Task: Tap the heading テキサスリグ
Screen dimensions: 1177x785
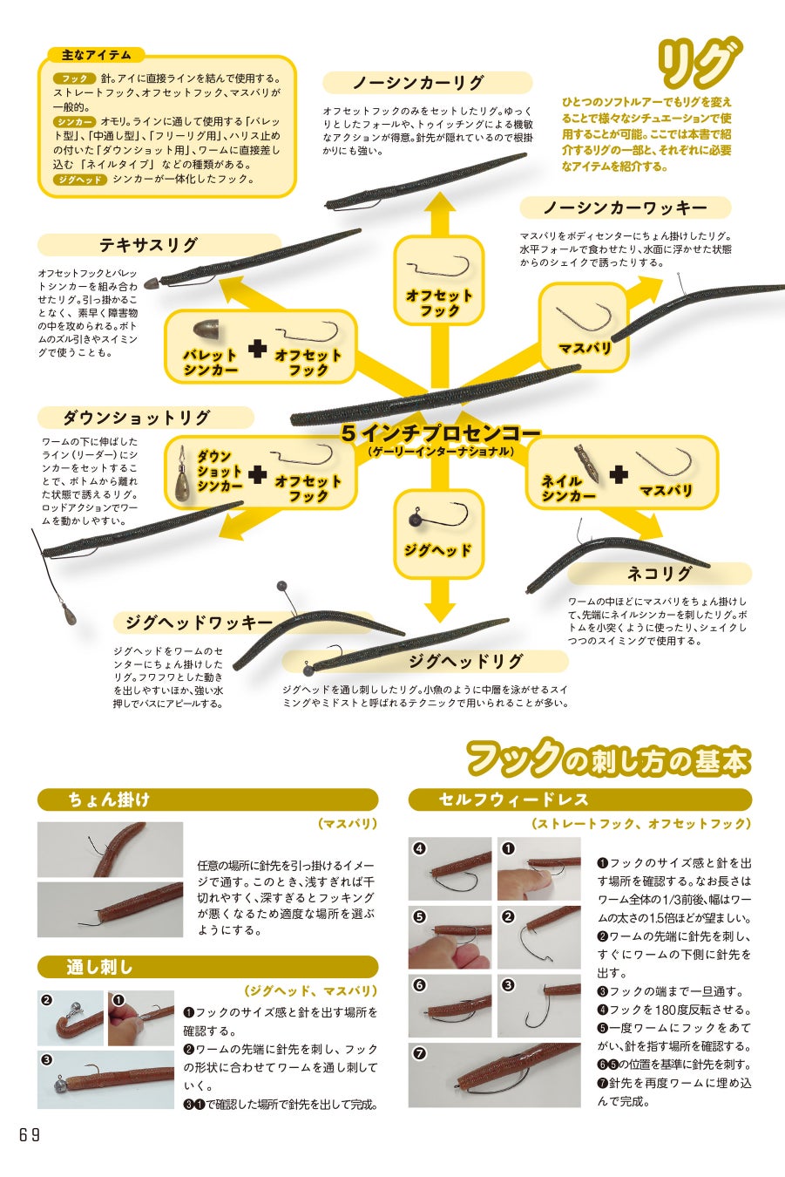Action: coord(149,245)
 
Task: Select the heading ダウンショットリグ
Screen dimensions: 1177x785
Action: coord(137,418)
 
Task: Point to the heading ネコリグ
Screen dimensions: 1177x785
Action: coord(659,574)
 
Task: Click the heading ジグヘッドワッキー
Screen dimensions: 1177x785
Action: coord(199,623)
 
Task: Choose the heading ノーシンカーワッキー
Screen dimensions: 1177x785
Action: coord(625,208)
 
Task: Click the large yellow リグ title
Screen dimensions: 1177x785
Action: coord(696,63)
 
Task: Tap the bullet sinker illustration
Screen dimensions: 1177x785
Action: coord(206,331)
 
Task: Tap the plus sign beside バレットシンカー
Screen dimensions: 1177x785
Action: coord(257,349)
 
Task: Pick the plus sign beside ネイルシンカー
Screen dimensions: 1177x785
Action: coord(619,475)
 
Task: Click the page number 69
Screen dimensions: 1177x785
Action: coord(29,1134)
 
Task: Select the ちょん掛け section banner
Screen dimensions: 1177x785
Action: coord(207,799)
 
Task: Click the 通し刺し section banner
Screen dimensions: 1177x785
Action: coord(207,967)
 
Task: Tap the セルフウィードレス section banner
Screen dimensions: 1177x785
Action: coord(579,799)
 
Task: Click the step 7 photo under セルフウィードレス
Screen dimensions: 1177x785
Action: coord(494,1074)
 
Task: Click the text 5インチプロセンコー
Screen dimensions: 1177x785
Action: coord(440,432)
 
